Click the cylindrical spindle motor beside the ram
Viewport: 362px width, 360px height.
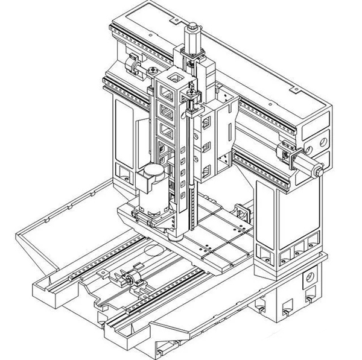pos(153,189)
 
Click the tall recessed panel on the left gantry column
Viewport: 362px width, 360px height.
pos(125,130)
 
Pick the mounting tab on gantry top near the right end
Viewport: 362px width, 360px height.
pos(296,89)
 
